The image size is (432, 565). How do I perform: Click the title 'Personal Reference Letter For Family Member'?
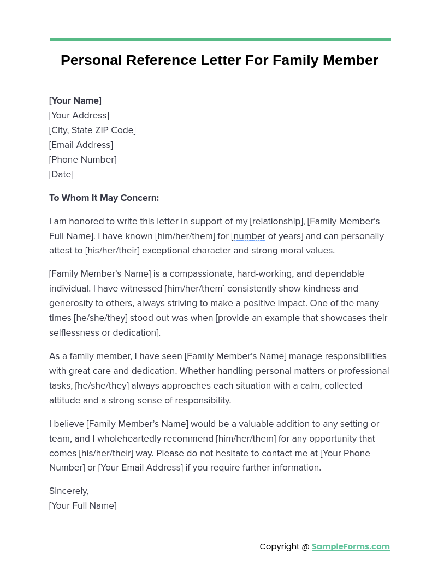219,60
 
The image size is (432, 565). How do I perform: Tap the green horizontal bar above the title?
220,39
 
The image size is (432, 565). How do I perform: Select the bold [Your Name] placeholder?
75,100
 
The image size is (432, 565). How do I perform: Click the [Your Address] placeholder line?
79,115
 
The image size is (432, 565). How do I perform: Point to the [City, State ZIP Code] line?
92,130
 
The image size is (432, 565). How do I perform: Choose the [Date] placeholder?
61,174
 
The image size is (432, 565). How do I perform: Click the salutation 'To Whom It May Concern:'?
104,198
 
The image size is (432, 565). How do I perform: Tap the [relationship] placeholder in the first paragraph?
276,221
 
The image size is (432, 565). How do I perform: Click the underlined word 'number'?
250,236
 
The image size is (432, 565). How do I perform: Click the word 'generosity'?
72,303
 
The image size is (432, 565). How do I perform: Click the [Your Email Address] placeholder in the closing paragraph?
140,467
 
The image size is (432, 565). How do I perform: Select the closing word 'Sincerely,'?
69,491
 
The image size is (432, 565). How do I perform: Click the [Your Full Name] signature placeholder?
82,505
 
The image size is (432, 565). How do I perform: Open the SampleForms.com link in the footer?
351,546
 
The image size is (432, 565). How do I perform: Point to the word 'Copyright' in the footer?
280,546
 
